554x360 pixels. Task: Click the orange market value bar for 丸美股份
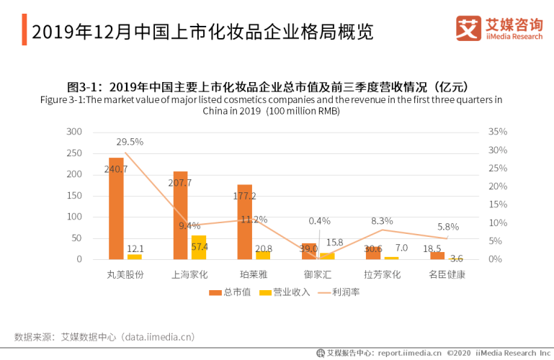point(116,208)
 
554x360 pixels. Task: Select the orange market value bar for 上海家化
point(180,215)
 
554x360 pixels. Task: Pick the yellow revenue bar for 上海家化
point(198,247)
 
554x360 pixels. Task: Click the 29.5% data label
point(130,142)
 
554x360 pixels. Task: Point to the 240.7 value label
point(116,169)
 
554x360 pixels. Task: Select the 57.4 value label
point(200,246)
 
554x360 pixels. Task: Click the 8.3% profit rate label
point(382,221)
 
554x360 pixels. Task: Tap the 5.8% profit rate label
point(447,227)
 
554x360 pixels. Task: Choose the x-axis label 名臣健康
point(447,274)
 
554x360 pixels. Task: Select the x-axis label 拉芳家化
point(383,274)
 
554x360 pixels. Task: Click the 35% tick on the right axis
point(498,132)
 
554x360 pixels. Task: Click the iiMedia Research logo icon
point(468,28)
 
